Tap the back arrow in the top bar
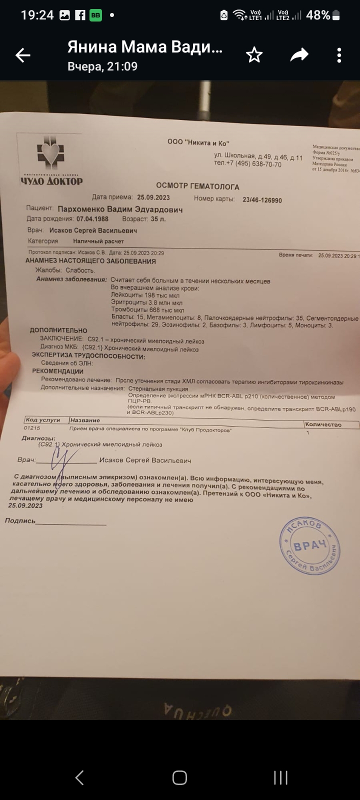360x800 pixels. click(23, 55)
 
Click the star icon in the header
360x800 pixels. click(254, 55)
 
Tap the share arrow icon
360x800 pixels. click(299, 55)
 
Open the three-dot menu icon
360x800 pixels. click(339, 55)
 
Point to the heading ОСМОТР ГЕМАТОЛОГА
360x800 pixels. click(197, 186)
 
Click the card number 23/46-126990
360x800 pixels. click(262, 200)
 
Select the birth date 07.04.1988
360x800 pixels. click(92, 219)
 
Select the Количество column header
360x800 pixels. click(323, 424)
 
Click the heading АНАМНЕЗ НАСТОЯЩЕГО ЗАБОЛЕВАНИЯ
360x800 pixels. click(90, 261)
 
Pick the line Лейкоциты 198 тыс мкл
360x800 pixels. click(145, 295)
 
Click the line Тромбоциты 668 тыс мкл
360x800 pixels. click(147, 310)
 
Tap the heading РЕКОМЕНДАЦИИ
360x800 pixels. click(58, 371)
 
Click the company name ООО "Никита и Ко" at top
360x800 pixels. click(198, 142)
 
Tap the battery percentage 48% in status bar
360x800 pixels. click(318, 15)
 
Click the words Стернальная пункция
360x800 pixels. click(158, 388)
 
